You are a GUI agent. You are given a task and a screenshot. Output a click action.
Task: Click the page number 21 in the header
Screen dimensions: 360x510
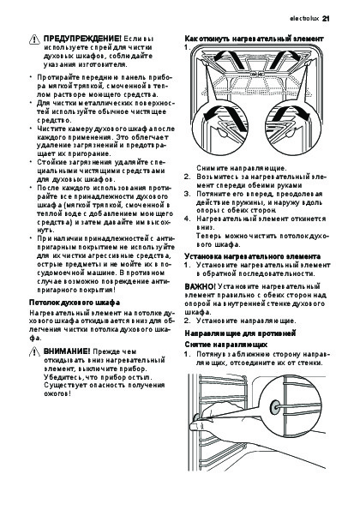326,19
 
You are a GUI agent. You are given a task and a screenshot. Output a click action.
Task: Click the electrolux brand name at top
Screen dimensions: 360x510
304,19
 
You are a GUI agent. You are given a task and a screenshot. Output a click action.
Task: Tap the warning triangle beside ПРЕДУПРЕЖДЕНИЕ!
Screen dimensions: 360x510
34,39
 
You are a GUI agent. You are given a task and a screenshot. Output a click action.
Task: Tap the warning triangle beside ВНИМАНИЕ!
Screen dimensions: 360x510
34,352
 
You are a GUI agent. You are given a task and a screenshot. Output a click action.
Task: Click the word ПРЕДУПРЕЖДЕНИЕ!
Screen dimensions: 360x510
82,39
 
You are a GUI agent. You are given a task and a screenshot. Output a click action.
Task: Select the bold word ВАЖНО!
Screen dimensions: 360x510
200,286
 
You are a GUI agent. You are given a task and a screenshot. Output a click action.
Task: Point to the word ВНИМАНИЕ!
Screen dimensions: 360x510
67,351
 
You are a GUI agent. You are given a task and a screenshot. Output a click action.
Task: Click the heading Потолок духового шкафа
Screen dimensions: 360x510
75,303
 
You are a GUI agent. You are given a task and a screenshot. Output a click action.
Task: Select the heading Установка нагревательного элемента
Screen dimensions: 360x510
252,256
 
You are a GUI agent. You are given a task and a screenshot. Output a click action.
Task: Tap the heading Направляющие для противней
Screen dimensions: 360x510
240,333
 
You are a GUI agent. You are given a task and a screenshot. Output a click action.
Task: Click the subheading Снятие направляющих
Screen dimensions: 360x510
226,345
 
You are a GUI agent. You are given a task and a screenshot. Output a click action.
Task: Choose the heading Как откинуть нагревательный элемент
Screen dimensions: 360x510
254,39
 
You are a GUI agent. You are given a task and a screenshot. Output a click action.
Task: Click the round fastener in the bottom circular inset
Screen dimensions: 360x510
275,407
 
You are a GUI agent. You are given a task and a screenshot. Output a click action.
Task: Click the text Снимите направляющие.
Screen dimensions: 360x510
242,169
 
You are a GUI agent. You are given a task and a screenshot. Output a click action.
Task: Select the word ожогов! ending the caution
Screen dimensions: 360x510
57,393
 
